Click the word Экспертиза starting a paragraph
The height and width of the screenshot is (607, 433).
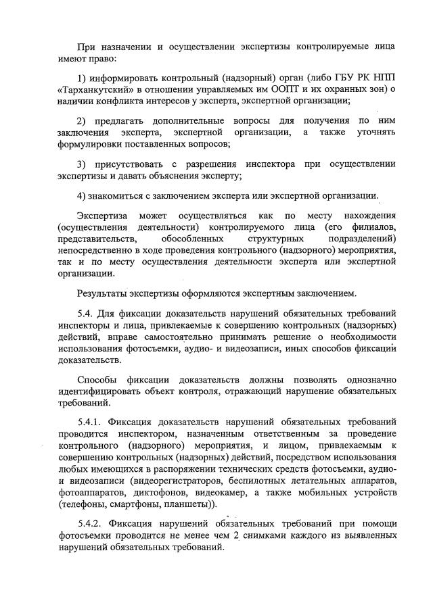tap(102, 215)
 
